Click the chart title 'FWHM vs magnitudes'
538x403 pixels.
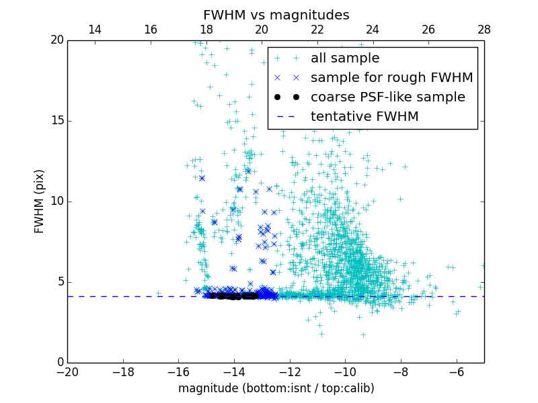pyautogui.click(x=276, y=15)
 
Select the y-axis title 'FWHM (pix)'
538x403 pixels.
pyautogui.click(x=40, y=201)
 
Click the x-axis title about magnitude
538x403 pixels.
pyautogui.click(x=276, y=388)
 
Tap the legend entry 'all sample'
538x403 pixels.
pyautogui.click(x=345, y=58)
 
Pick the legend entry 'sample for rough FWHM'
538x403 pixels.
pyautogui.click(x=391, y=78)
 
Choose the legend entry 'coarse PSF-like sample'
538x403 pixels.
pyautogui.click(x=387, y=97)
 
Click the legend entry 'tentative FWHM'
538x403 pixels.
pyautogui.click(x=364, y=117)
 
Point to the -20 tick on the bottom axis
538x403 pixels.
pyautogui.click(x=67, y=372)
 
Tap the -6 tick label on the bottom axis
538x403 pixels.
pyautogui.click(x=456, y=372)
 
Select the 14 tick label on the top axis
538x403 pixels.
pyautogui.click(x=95, y=30)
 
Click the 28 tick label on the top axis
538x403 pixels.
pyautogui.click(x=484, y=30)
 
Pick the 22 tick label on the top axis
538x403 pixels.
pyautogui.click(x=317, y=30)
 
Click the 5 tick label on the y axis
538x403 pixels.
pyautogui.click(x=59, y=282)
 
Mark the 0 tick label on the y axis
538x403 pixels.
pyautogui.click(x=59, y=363)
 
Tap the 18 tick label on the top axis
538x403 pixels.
pyautogui.click(x=206, y=30)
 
